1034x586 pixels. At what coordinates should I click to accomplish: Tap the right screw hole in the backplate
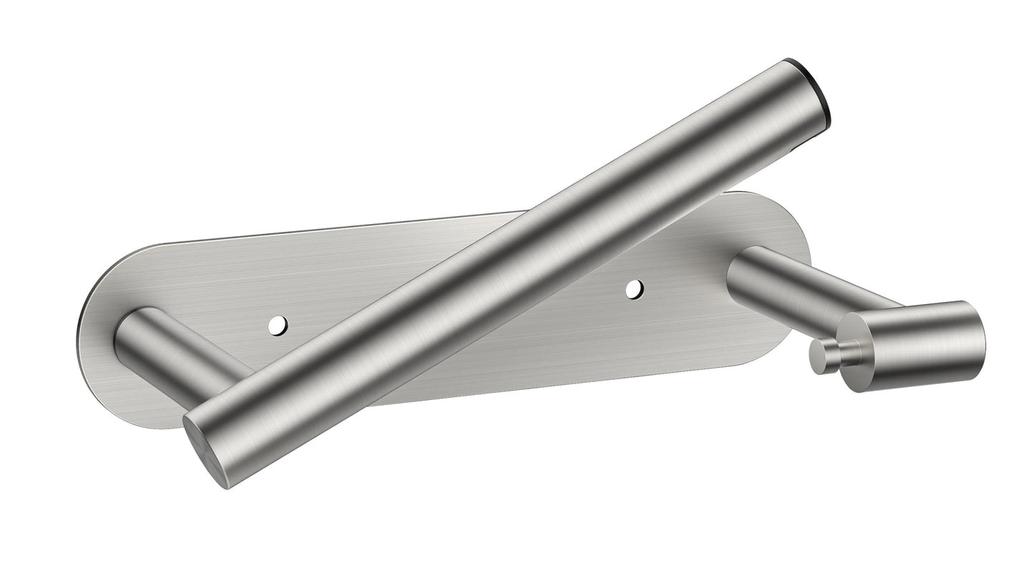point(634,289)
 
